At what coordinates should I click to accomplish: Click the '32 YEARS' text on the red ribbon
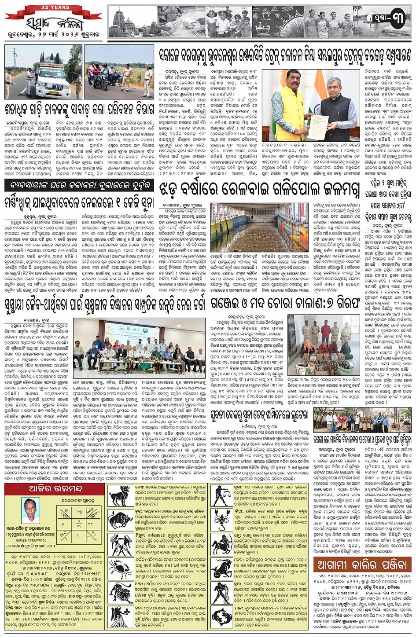point(53,7)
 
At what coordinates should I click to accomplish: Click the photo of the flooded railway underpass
point(259,227)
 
